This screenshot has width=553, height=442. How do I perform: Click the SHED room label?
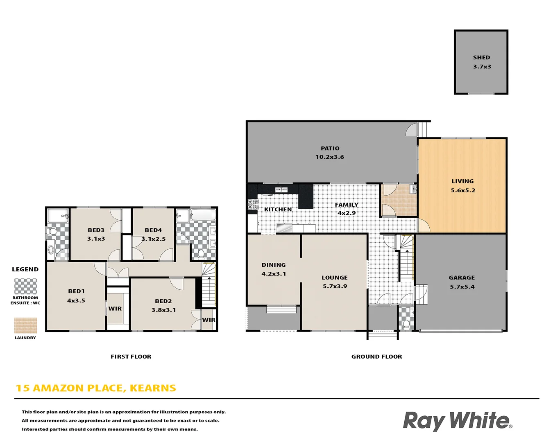481,58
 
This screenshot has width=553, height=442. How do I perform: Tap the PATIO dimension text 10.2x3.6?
330,157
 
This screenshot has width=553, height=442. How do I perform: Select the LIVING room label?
462,181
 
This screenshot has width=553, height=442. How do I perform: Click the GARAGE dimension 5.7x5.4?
462,287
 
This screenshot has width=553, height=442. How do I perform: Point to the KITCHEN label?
278,210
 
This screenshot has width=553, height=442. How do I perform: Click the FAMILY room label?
347,205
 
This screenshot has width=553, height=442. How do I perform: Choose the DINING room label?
274,265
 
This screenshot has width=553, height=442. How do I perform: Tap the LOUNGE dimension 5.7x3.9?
335,286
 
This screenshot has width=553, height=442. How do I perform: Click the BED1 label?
76,291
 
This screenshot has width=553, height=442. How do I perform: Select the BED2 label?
163,301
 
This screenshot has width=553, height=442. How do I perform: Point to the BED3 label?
96,230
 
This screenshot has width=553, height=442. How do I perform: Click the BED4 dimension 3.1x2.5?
154,239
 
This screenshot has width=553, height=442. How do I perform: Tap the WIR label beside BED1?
115,309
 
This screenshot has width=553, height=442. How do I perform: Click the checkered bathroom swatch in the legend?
25,286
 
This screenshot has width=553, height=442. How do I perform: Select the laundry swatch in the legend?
25,325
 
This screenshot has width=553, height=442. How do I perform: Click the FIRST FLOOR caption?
131,357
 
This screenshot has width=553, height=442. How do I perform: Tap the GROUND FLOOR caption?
376,357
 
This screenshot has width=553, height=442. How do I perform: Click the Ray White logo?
457,421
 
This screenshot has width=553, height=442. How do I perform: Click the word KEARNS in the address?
153,388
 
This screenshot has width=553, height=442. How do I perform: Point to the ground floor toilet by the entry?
406,324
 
